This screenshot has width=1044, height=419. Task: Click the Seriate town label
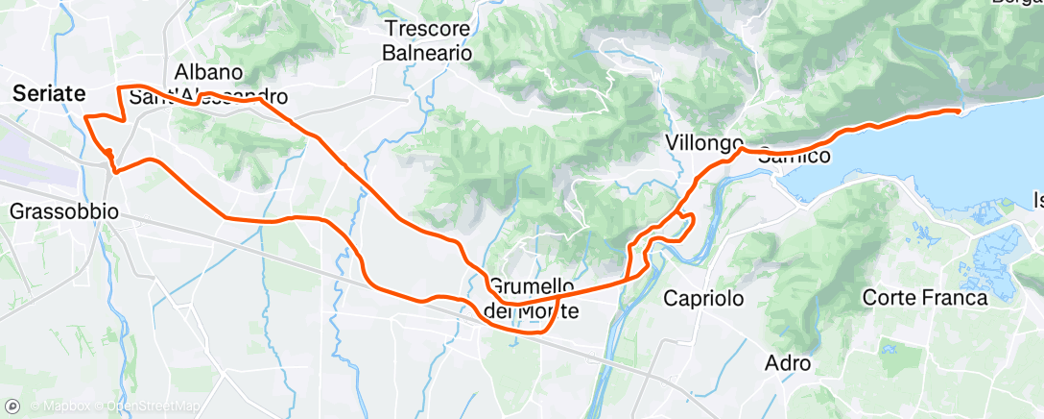[48, 93]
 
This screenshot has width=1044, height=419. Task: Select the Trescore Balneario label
[427, 41]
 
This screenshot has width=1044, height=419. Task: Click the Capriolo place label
[704, 299]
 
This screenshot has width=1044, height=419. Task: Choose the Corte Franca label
[925, 299]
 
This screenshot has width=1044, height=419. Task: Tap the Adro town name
[788, 364]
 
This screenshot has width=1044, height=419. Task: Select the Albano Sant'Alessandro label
[208, 85]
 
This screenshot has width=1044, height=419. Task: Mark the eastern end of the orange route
[958, 111]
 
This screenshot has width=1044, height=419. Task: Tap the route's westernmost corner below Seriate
[86, 117]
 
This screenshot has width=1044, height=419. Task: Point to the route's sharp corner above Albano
[119, 87]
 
